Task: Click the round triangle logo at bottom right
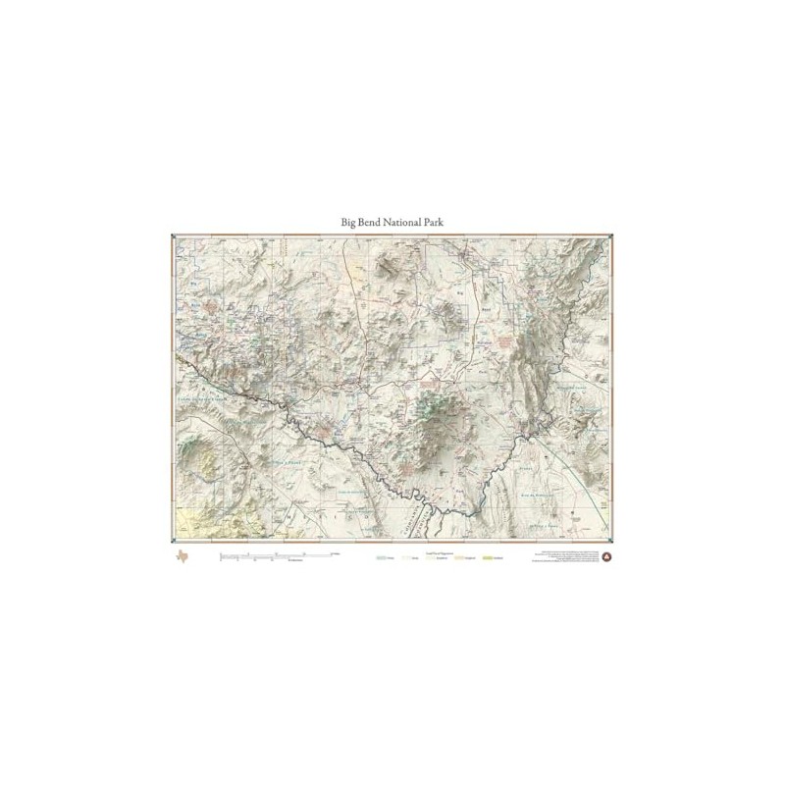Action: coord(605,558)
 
